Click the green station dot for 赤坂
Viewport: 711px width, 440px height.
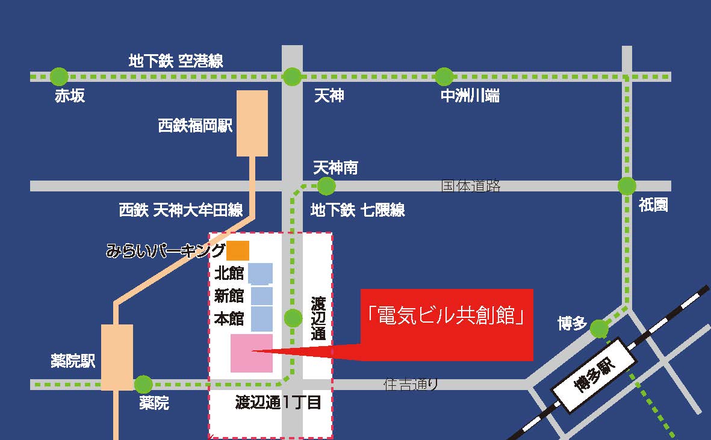[59, 76]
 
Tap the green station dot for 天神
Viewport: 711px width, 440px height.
[292, 76]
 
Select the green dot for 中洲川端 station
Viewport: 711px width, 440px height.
[444, 76]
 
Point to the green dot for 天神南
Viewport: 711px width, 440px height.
[326, 186]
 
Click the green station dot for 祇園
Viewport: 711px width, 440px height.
[627, 186]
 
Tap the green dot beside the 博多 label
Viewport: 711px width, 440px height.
[599, 329]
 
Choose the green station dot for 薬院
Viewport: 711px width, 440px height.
[143, 384]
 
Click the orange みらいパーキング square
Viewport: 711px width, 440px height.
[238, 249]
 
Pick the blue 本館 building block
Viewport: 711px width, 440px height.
[261, 318]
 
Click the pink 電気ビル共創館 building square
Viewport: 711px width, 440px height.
[251, 353]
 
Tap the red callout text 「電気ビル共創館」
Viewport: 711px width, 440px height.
[446, 315]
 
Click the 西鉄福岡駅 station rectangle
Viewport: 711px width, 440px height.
[252, 123]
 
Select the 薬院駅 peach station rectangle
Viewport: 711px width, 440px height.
[117, 357]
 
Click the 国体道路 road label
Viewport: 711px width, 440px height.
[471, 186]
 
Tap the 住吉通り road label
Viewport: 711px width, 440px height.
[411, 384]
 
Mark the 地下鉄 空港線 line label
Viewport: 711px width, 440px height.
[176, 61]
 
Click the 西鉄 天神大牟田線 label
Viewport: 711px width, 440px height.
[181, 210]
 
